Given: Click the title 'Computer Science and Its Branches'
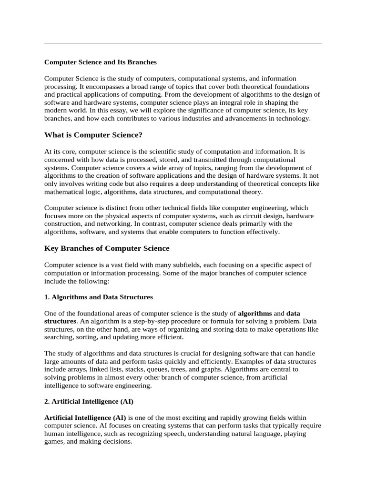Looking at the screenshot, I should [x=101, y=62].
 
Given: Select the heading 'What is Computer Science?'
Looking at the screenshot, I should [x=93, y=135].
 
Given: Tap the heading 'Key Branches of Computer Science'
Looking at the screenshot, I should [x=107, y=248].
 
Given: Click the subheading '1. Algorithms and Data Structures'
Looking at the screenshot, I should [x=99, y=297].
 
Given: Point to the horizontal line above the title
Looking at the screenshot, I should [x=183, y=43].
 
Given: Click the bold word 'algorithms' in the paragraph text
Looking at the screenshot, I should [x=255, y=314].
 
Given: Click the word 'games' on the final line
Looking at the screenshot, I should [x=54, y=442].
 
